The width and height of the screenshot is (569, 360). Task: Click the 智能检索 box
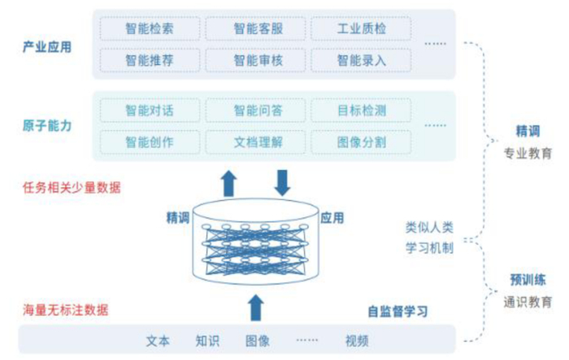150,29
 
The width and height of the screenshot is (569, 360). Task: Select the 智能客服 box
255,29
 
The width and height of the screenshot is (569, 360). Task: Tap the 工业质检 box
360,29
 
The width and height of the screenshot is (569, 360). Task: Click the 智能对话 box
150,110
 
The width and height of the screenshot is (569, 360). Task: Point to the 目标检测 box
360,110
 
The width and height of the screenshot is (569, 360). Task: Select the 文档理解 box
255,141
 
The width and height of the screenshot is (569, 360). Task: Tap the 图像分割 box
360,141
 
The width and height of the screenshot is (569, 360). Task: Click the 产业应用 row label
47,46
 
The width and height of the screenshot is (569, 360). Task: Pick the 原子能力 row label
47,125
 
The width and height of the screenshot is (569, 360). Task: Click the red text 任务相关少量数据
72,187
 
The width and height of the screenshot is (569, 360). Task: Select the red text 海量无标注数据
65,310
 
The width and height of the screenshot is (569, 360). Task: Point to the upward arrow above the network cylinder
230,183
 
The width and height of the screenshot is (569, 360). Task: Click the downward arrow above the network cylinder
282,182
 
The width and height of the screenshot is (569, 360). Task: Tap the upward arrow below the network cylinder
254,308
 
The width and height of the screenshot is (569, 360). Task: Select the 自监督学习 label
398,310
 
